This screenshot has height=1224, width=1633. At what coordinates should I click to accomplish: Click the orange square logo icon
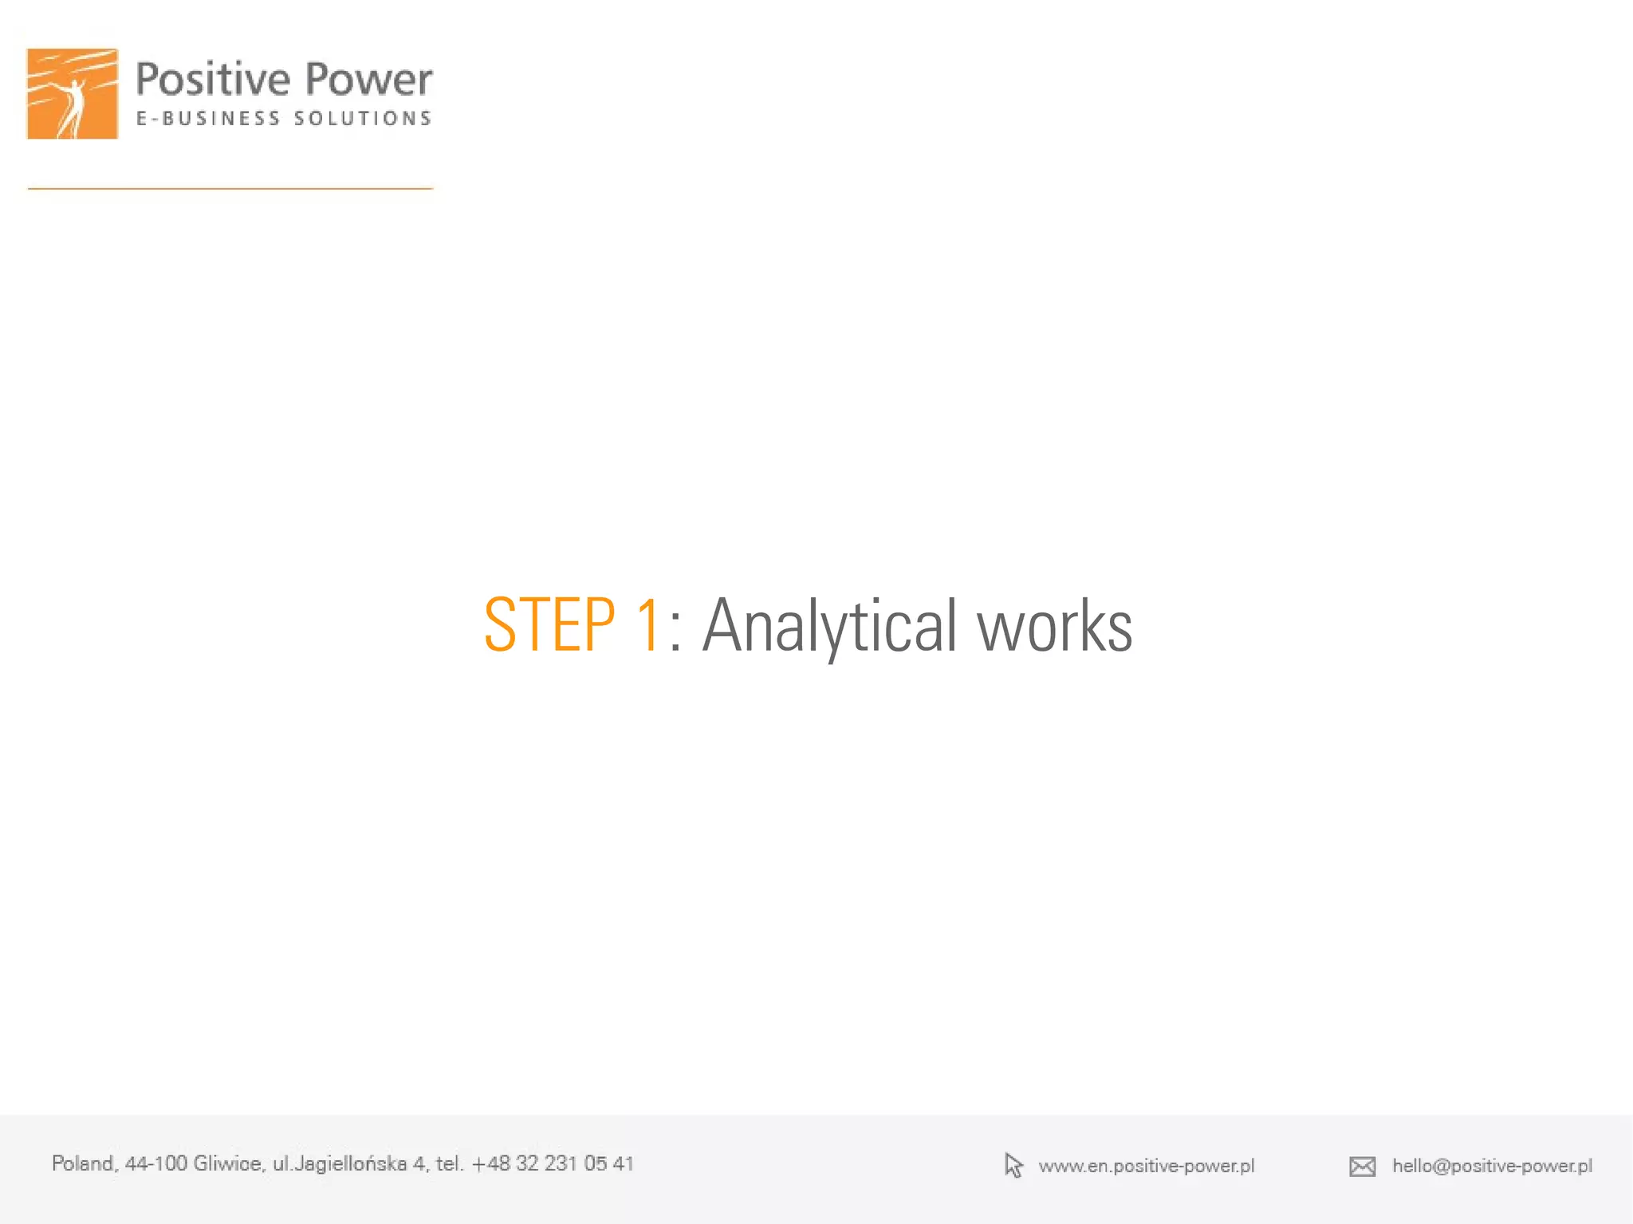point(73,94)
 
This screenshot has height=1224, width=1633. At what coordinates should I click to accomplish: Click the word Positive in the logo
point(212,80)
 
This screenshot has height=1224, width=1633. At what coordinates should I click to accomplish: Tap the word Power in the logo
point(368,80)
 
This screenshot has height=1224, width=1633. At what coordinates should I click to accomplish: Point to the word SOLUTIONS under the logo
point(363,119)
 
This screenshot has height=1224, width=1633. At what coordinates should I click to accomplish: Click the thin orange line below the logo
point(230,189)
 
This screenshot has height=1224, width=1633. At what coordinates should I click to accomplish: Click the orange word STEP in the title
point(549,626)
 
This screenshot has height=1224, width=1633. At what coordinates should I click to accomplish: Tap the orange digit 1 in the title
point(647,626)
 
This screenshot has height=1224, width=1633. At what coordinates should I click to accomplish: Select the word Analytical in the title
point(828,628)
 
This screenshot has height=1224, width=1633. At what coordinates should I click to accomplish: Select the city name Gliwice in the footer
point(228,1163)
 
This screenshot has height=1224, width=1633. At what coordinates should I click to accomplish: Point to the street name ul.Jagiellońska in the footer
point(340,1163)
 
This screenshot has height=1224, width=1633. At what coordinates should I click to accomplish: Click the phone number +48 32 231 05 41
point(553,1163)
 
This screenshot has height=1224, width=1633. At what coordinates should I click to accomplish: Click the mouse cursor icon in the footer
point(1013,1166)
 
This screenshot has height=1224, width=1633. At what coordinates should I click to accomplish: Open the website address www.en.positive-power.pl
point(1146,1166)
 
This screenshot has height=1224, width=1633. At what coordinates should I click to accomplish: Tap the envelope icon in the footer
point(1362,1167)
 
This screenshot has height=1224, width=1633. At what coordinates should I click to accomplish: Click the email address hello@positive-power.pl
point(1492,1166)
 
